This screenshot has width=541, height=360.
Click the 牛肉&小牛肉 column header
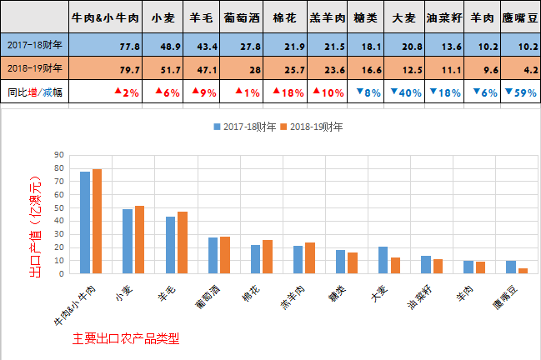click(105, 16)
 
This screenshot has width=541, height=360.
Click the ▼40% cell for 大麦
click(404, 92)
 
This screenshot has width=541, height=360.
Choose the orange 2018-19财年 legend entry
click(310, 127)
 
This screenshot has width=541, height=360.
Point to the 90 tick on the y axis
click(58, 155)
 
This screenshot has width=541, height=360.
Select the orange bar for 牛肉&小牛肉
click(97, 221)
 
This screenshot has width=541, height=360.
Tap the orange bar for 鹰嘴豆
click(523, 270)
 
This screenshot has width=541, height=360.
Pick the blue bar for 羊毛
click(169, 245)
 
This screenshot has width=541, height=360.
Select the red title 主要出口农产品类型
click(126, 340)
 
